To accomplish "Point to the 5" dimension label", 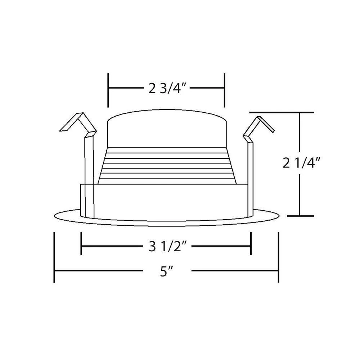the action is pyautogui.click(x=166, y=271).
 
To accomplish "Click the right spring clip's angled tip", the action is pyautogui.click(x=274, y=132).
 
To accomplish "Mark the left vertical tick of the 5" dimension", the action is pyautogui.click(x=54, y=257).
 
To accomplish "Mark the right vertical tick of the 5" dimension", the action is pyautogui.click(x=279, y=257).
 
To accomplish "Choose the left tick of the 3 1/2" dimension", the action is pyautogui.click(x=81, y=243).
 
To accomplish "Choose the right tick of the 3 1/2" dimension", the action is pyautogui.click(x=251, y=243).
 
